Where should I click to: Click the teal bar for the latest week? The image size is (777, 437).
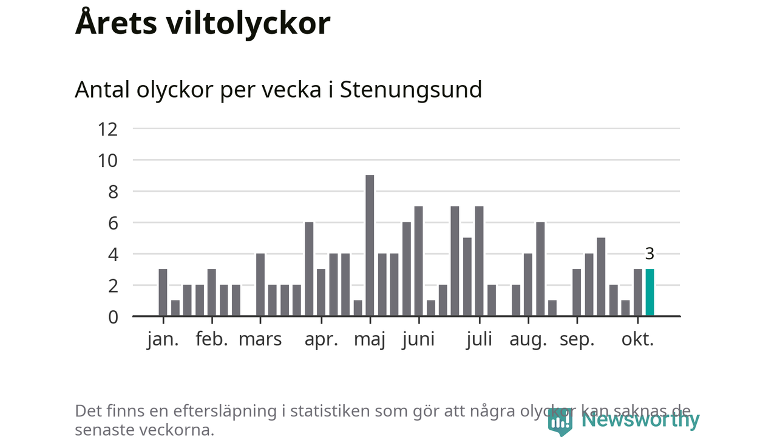650,293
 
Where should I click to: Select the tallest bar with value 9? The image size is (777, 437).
370,245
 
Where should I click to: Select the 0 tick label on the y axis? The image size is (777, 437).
112,316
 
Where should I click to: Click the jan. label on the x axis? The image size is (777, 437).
163,339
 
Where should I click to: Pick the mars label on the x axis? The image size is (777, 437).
260,339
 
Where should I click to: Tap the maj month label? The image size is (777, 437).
370,340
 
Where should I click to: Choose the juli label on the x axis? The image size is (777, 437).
479,339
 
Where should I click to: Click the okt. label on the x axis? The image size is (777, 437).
637,339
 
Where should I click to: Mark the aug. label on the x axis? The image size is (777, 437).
528,340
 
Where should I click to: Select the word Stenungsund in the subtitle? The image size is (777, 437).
411,90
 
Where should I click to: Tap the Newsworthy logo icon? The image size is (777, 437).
560,421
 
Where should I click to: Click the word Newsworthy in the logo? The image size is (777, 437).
640,419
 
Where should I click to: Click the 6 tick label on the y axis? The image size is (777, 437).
112,223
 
